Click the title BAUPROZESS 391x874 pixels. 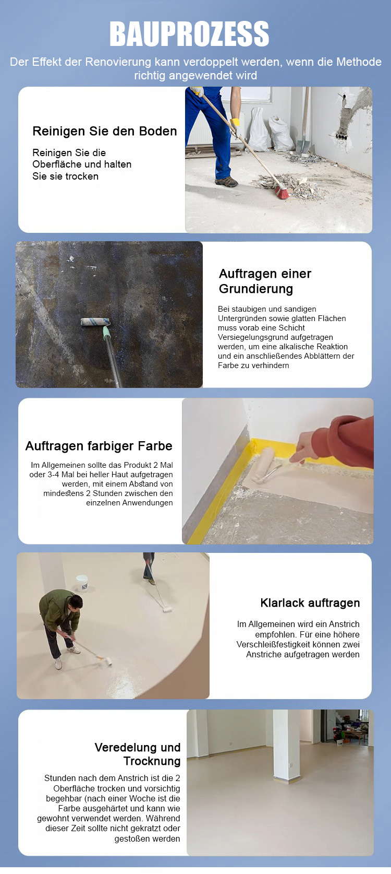pos(189,33)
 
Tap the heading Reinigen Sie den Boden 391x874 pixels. pos(105,131)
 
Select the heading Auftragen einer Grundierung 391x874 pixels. pos(265,281)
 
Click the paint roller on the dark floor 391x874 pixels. pos(95,322)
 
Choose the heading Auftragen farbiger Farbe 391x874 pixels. pos(99,446)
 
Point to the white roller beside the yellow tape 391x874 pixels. pos(262,464)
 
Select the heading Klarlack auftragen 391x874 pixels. pos(310,603)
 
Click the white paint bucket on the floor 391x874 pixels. pos(82,583)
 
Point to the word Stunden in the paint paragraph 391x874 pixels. pos(107,493)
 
